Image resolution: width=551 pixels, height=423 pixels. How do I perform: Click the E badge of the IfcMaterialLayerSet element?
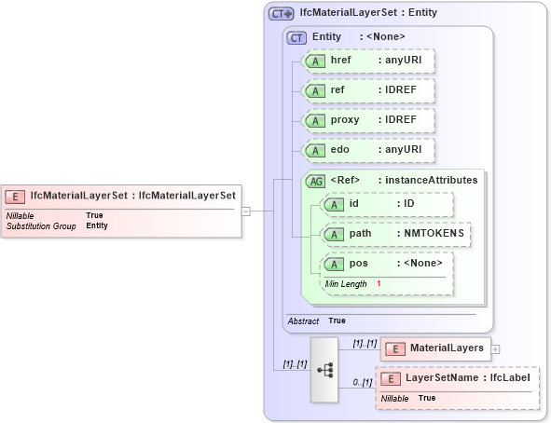[16, 196]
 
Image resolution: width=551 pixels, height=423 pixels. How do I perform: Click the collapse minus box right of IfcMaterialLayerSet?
[246, 211]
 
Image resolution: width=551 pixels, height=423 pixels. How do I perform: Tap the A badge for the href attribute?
[316, 61]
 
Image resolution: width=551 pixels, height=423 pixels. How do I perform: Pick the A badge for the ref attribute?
[316, 90]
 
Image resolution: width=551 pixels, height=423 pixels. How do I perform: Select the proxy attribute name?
[345, 120]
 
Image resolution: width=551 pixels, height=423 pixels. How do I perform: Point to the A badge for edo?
[316, 150]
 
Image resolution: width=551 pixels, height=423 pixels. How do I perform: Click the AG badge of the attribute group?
[316, 180]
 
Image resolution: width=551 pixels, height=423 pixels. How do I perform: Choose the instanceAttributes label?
[431, 180]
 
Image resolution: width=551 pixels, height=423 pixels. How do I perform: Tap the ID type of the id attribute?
[408, 203]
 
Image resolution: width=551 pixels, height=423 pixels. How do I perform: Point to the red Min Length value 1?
[379, 282]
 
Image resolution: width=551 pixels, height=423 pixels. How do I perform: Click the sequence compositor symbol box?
[325, 370]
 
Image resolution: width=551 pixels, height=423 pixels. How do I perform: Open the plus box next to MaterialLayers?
[495, 348]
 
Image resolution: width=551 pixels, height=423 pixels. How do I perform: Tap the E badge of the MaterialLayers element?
[394, 348]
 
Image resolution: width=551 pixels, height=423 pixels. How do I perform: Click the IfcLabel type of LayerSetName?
[512, 378]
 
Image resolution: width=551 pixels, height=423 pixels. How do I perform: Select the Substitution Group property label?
[41, 225]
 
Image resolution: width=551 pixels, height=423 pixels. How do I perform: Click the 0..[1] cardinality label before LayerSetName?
[363, 382]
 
